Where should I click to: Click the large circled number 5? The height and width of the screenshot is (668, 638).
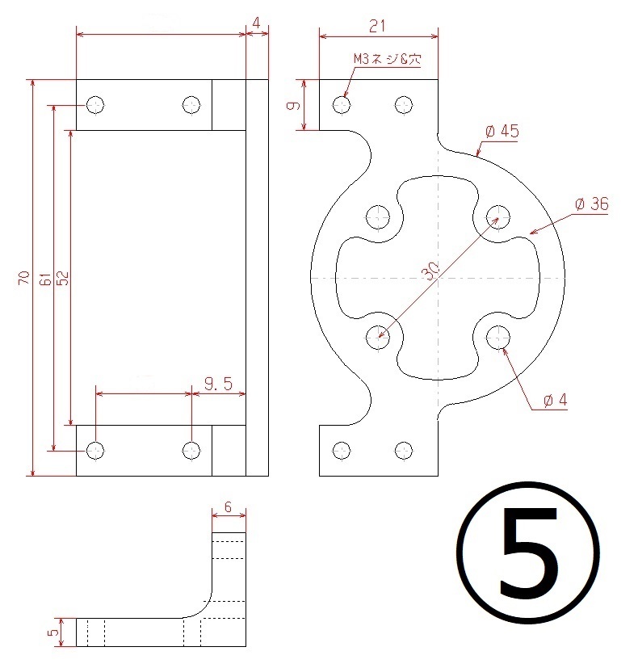click(x=528, y=552)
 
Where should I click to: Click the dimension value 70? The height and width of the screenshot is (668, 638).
click(x=24, y=278)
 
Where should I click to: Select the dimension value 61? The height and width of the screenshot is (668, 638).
click(x=45, y=279)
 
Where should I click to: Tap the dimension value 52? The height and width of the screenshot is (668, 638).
click(x=63, y=278)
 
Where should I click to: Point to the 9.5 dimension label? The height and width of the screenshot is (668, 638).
click(x=219, y=384)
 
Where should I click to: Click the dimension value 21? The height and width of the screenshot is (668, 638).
click(x=378, y=27)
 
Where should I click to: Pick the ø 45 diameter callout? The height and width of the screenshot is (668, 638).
click(x=502, y=131)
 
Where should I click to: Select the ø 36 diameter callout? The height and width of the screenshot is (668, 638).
click(x=592, y=204)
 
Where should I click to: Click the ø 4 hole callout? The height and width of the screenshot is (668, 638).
click(x=556, y=400)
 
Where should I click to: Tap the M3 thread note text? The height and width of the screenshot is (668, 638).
click(x=388, y=59)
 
